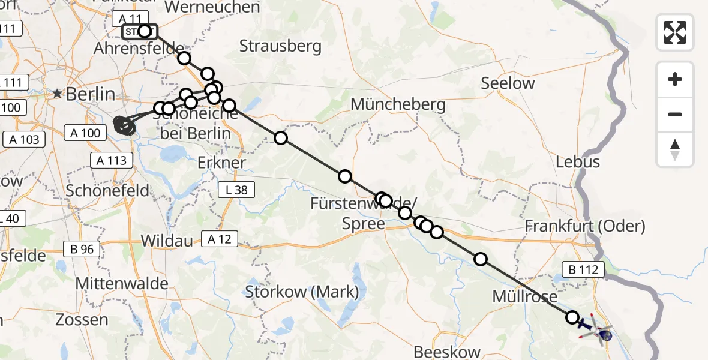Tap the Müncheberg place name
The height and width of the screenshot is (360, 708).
click(398, 104)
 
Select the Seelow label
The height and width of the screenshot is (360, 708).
click(508, 84)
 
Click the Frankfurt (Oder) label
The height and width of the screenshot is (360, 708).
click(584, 226)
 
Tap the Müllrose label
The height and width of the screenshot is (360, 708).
click(524, 296)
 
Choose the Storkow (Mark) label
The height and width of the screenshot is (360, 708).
click(302, 292)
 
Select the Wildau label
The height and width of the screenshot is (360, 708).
click(167, 241)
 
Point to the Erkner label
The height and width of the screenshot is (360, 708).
click(221, 163)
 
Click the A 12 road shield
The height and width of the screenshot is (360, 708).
click(220, 239)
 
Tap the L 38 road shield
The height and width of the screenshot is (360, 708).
click(236, 190)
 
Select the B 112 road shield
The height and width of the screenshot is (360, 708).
click(580, 270)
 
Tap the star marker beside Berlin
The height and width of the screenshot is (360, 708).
click(57, 94)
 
